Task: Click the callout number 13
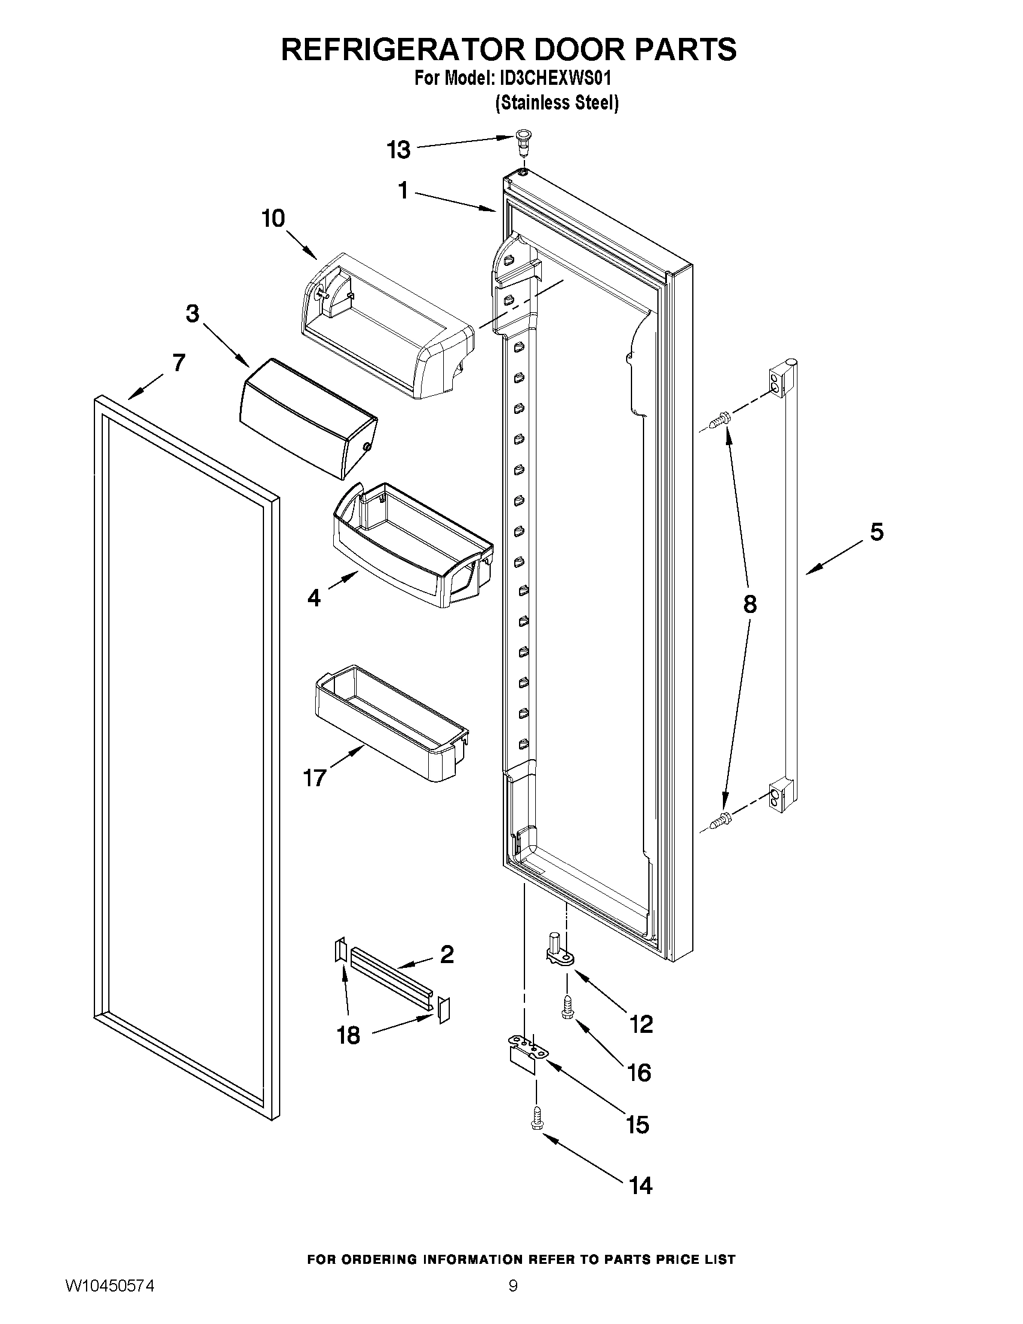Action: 398,150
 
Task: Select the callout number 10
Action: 273,218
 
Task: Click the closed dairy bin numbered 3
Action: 307,417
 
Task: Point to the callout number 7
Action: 178,363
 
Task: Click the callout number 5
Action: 876,532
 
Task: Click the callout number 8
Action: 750,604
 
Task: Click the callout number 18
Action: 348,1035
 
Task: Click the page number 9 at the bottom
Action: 513,1301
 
